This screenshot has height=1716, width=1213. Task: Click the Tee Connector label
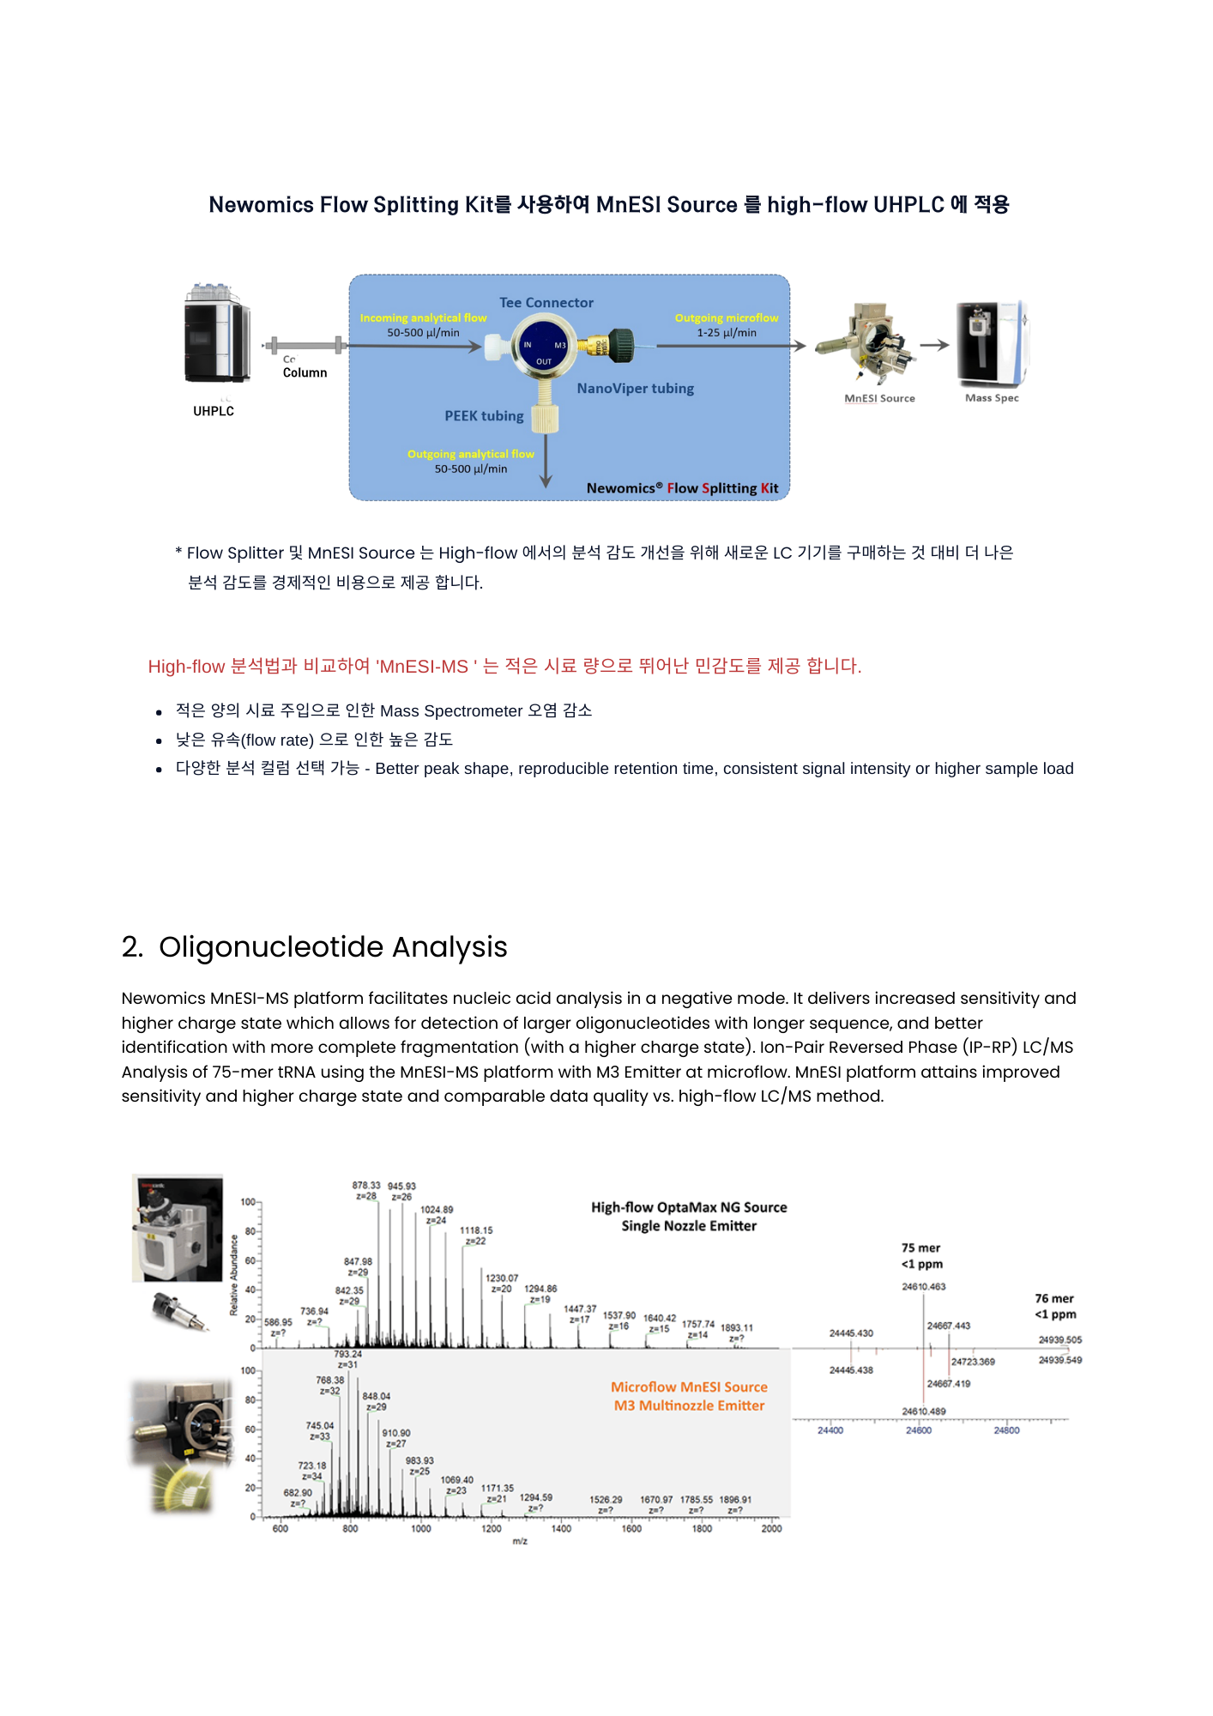pos(546,303)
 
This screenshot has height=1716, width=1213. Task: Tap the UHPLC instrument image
pos(216,335)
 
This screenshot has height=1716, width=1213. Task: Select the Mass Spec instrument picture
pos(993,343)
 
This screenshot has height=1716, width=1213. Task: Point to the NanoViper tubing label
pos(635,389)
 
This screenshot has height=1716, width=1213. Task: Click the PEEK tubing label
pos(484,416)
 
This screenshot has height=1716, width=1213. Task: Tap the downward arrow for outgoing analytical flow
pos(546,463)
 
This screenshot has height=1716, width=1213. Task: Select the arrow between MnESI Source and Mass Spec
pos(934,345)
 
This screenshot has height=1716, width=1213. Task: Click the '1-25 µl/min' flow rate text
pos(727,333)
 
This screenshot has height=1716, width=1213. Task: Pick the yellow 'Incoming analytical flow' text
pos(423,318)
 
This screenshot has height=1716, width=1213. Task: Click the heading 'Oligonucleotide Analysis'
pos(333,947)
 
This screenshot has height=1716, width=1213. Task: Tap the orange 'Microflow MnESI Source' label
pos(689,1387)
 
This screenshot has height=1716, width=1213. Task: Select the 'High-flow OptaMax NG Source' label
pos(689,1207)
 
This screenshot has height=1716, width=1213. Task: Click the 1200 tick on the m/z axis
pos(492,1528)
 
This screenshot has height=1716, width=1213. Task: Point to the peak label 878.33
pos(366,1186)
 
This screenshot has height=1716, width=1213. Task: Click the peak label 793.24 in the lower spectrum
pos(347,1354)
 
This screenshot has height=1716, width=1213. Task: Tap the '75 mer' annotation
pos(920,1248)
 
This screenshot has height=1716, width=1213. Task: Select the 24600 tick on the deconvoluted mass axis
pos(919,1430)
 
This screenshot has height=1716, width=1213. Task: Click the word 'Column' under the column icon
pos(305,373)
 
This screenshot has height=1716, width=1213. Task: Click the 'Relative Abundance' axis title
pos(234,1275)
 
